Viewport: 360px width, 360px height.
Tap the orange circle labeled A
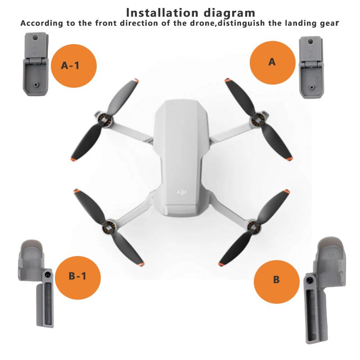click(x=271, y=63)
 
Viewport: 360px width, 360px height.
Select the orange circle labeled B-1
click(x=78, y=276)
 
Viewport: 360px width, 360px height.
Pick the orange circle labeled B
click(x=276, y=279)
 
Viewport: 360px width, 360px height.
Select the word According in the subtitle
click(x=40, y=23)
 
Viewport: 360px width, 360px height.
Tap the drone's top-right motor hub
click(x=257, y=120)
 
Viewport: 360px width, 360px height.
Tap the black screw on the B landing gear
click(x=310, y=280)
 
